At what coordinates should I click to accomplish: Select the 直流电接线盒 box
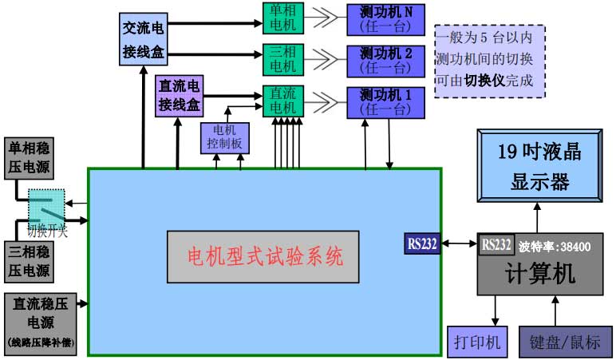click(x=180, y=95)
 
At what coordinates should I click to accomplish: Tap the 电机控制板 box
click(x=225, y=137)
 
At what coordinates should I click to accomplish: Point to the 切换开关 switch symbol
click(x=48, y=208)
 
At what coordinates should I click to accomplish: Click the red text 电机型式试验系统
click(x=264, y=257)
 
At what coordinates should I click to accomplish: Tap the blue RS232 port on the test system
click(x=423, y=243)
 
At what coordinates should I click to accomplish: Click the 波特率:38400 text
click(x=555, y=247)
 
